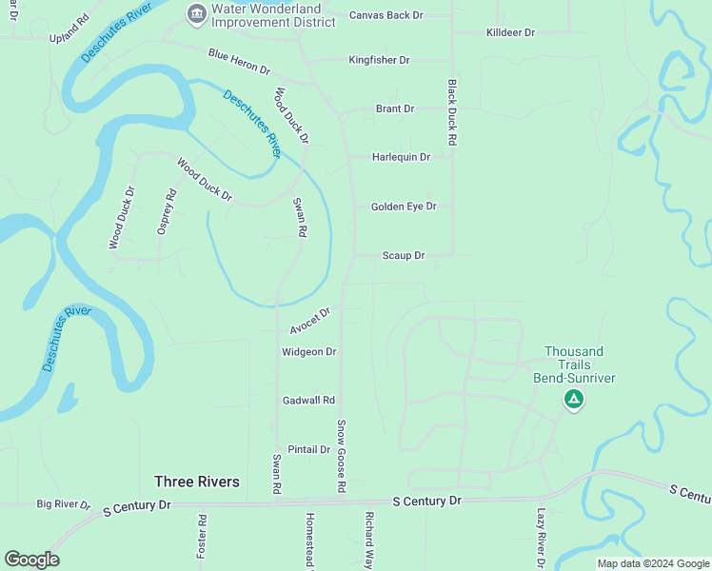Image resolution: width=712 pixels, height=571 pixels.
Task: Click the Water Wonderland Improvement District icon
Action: coord(196,12)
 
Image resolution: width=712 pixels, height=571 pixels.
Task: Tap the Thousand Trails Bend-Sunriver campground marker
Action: coord(573,400)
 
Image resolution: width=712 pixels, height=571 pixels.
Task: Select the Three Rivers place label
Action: coord(197,482)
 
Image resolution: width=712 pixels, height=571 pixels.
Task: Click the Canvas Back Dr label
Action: coord(386,15)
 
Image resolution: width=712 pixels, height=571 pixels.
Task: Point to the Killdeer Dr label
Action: coord(511,32)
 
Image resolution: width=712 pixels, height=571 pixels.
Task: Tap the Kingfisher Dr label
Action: coord(379,60)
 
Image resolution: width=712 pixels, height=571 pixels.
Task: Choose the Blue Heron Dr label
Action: coord(240,61)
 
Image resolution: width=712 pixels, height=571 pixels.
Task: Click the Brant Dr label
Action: coord(395,108)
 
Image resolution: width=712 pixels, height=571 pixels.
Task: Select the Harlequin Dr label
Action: coord(401,157)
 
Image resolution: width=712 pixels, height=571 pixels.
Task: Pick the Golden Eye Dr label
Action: coord(404,206)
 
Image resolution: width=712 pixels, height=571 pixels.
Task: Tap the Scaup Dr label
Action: coord(403,255)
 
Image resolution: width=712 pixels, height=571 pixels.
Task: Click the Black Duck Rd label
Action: coord(452,112)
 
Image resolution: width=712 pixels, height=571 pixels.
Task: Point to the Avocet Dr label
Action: coord(310,321)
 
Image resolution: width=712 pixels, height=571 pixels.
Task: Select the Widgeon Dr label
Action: coord(309,351)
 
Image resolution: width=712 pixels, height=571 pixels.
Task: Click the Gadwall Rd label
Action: coord(309,401)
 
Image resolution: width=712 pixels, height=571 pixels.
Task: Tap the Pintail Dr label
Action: coord(308,449)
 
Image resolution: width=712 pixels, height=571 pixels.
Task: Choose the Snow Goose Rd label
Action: coord(341,455)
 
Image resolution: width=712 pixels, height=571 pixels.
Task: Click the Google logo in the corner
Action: coord(31,560)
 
